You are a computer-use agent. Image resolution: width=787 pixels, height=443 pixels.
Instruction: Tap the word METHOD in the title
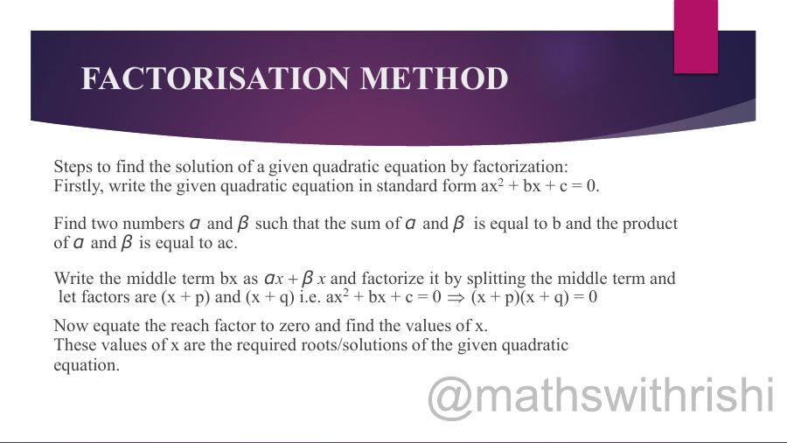tap(434, 79)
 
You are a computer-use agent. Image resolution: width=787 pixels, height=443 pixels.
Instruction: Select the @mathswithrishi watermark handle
tap(602, 396)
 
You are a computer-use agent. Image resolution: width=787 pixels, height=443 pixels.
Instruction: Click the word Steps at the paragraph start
tap(73, 167)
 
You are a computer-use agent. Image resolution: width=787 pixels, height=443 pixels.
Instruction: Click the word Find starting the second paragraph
tap(70, 224)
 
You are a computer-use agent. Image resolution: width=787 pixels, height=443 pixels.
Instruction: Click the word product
tap(648, 224)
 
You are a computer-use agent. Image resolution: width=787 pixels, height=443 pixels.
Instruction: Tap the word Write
tap(74, 279)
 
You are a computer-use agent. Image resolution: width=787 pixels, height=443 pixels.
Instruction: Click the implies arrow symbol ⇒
tap(456, 297)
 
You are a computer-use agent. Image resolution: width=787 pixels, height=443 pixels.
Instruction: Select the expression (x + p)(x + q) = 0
tap(533, 297)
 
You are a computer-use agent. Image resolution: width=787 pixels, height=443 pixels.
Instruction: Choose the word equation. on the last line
tap(87, 365)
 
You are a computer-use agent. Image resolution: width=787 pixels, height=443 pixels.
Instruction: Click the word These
tap(74, 345)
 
